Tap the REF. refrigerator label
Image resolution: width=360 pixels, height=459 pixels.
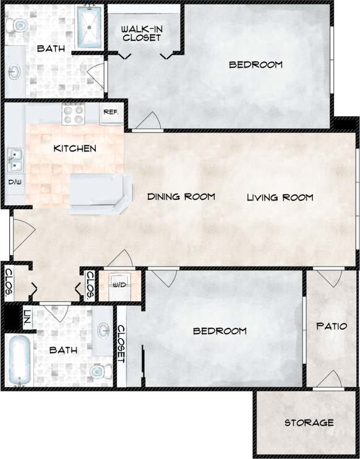[x=111, y=112]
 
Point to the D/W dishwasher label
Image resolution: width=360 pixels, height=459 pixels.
[x=14, y=182]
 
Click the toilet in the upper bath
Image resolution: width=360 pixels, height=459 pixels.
[x=17, y=25]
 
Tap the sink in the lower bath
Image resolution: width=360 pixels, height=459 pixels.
[x=101, y=330]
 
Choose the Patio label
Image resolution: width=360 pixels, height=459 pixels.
[x=332, y=326]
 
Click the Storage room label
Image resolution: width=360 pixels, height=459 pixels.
[x=309, y=423]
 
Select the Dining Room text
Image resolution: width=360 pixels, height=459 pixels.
[x=181, y=197]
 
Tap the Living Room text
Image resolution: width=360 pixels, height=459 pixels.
[x=280, y=198]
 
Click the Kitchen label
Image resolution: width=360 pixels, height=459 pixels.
[x=75, y=148]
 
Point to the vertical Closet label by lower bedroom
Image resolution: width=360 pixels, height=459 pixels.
[x=121, y=345]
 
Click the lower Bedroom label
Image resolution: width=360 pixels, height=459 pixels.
[x=220, y=331]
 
